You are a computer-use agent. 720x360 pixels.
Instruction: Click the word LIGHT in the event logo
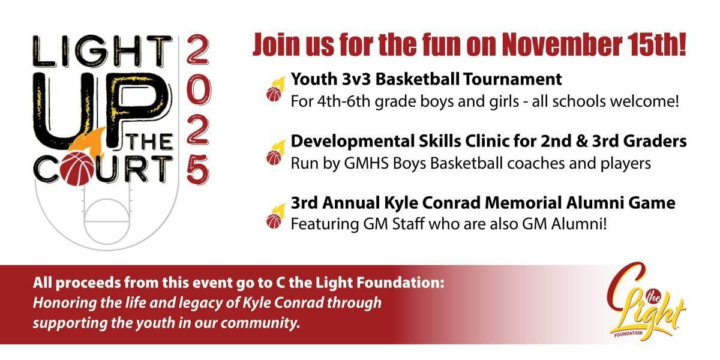coord(102,52)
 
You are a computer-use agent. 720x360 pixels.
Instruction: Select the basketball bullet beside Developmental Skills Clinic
coord(274,157)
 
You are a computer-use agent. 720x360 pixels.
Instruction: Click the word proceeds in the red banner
coord(82,282)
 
